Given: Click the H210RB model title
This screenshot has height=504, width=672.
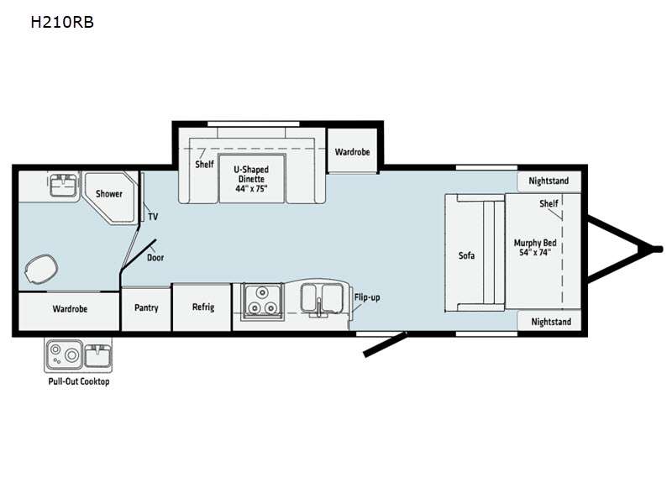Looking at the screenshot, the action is pos(62,22).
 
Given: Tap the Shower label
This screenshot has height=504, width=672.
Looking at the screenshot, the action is pos(109,194).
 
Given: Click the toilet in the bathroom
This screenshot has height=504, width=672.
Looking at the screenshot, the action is pos(41,269).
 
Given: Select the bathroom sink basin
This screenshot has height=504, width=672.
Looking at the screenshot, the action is pos(64,185).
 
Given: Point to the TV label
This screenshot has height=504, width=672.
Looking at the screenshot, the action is pos(153,217).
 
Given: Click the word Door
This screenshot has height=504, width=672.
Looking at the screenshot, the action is pos(155,258).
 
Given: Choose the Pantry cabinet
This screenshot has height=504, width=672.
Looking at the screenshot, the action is pos(146,308).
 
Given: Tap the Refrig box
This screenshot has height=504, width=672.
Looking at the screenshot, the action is pos(202,307).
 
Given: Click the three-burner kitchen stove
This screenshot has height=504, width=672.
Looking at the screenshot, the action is pos(262,302).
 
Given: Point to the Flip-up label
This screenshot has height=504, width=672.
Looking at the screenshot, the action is pos(367,297).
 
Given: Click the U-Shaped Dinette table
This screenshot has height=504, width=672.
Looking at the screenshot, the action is pos(251,178).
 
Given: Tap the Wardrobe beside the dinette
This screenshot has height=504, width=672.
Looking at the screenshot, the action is pos(352,151).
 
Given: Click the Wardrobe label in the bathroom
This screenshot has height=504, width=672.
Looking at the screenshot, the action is pos(70,309).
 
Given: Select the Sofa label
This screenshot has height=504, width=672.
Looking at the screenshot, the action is pos(466,256).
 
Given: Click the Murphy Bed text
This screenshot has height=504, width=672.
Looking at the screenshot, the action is pos(535,243).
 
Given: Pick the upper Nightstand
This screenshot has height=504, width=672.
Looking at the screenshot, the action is pos(549,181).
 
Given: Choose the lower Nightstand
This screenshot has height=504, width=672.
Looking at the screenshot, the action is pos(550,322).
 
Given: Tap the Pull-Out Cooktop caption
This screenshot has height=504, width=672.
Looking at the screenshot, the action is pos(79,381).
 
